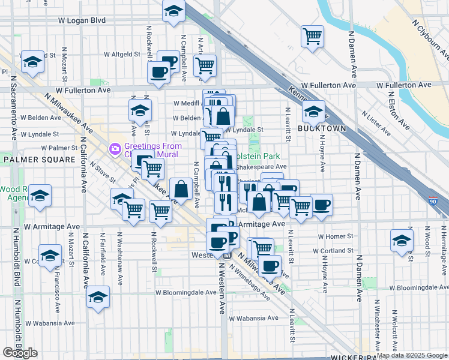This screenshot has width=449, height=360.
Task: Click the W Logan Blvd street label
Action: click(x=82, y=20)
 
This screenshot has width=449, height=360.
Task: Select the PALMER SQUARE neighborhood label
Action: click(x=38, y=160)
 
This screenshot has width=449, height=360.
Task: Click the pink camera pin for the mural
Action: click(x=115, y=148)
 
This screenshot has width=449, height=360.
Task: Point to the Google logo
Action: click(x=20, y=353)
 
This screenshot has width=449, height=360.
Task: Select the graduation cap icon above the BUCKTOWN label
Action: click(x=313, y=110)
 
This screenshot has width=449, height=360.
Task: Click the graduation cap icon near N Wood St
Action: click(x=402, y=240)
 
